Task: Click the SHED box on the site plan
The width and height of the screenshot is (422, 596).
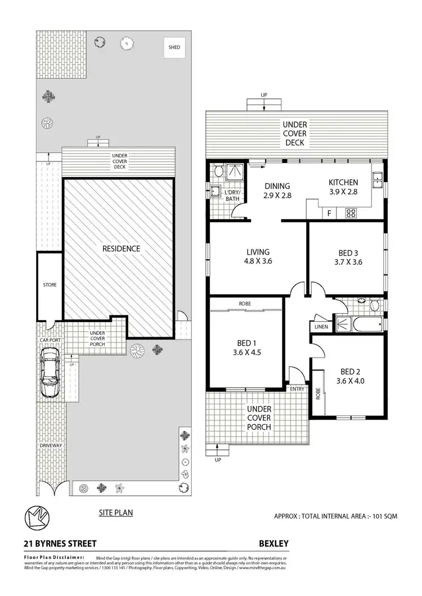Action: coord(174,48)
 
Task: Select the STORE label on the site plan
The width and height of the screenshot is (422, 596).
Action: coord(50,285)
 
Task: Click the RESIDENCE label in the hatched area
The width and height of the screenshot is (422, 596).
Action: coord(120,248)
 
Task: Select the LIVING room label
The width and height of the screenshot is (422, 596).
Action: coord(258,252)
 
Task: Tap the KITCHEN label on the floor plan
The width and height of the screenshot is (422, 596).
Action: coord(343,182)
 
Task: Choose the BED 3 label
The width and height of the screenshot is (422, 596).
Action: coord(346,252)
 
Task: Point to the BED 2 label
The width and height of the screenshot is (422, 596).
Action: coord(350,372)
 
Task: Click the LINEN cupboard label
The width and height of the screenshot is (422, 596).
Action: coord(321,327)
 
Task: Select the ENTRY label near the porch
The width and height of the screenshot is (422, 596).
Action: coord(297,389)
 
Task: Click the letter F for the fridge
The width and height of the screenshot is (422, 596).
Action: coord(329,213)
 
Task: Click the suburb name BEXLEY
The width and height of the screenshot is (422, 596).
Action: coord(273,543)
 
